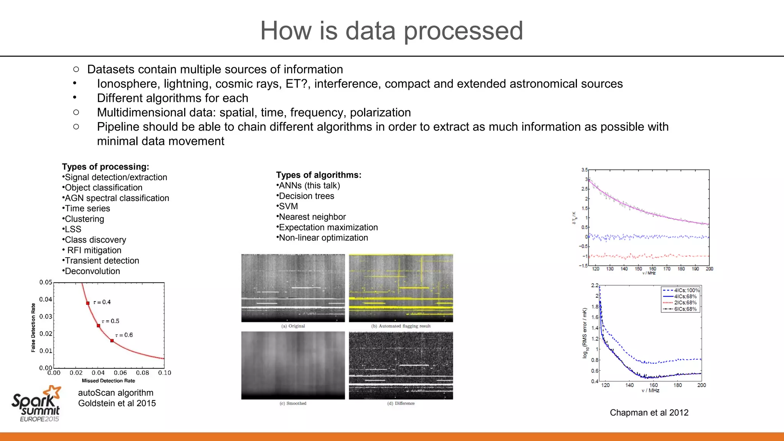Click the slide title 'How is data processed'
pyautogui.click(x=392, y=31)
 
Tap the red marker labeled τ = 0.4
pyautogui.click(x=88, y=303)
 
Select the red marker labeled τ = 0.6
pyautogui.click(x=112, y=340)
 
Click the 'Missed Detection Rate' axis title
pyautogui.click(x=108, y=381)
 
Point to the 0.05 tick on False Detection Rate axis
pyautogui.click(x=46, y=282)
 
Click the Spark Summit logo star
pyautogui.click(x=52, y=393)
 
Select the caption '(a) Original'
pyautogui.click(x=293, y=326)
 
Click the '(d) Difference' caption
pyautogui.click(x=401, y=403)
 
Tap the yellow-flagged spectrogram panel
pyautogui.click(x=401, y=288)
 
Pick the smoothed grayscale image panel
pyautogui.click(x=293, y=365)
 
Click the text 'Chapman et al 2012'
pyautogui.click(x=649, y=413)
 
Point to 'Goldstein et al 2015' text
pyautogui.click(x=117, y=403)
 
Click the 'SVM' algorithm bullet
pyautogui.click(x=288, y=206)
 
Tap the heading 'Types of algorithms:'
pyautogui.click(x=318, y=175)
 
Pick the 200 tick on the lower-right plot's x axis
pyautogui.click(x=701, y=385)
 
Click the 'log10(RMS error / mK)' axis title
pyautogui.click(x=585, y=333)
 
